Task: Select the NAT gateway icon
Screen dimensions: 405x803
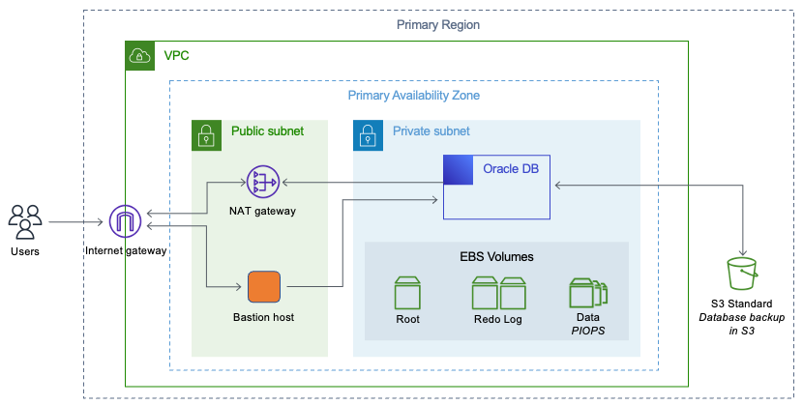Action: coord(262,181)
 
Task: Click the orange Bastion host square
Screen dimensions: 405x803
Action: coord(263,287)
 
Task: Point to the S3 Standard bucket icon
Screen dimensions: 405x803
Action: coord(743,275)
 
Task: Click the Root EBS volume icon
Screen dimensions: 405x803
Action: coord(407,293)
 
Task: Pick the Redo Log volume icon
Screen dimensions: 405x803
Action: coord(497,293)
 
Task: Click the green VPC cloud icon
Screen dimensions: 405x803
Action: coord(140,56)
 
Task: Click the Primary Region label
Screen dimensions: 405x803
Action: coord(437,24)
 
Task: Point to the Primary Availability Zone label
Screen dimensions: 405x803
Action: coord(413,96)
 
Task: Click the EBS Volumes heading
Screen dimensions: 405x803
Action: coord(496,257)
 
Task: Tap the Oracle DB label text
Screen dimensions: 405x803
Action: coord(510,169)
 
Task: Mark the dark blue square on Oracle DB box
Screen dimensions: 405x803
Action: coord(457,169)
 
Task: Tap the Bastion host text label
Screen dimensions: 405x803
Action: coord(263,317)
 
